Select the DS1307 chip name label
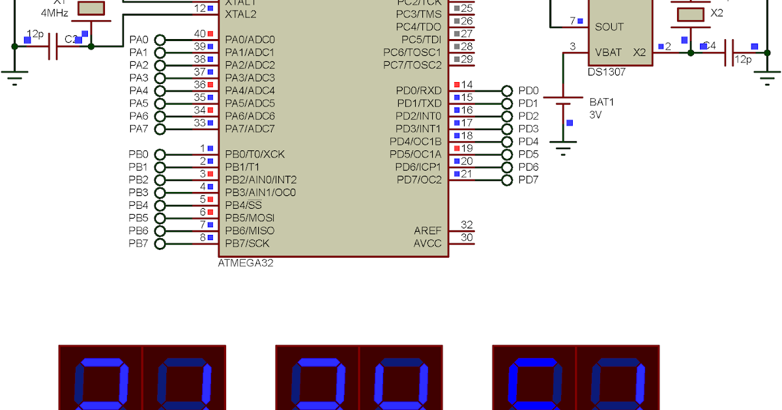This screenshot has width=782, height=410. click(x=606, y=72)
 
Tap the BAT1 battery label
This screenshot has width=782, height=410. click(x=601, y=102)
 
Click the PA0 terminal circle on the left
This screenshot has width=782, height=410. click(x=160, y=40)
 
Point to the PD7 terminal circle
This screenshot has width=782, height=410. click(x=507, y=180)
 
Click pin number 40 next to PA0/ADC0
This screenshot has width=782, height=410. click(x=199, y=34)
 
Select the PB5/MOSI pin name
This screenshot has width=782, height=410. click(x=250, y=218)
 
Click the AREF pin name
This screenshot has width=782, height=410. click(x=427, y=231)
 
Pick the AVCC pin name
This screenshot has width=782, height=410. click(x=427, y=244)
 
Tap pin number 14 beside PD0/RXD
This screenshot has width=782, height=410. click(x=467, y=85)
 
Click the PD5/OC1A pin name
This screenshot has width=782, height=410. click(x=415, y=154)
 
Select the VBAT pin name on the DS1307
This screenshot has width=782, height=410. click(x=608, y=52)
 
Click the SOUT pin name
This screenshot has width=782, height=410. click(x=609, y=27)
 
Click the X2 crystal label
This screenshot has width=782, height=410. click(x=716, y=13)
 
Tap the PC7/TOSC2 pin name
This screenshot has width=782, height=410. click(x=412, y=65)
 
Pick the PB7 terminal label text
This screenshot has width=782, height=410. click(x=138, y=244)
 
